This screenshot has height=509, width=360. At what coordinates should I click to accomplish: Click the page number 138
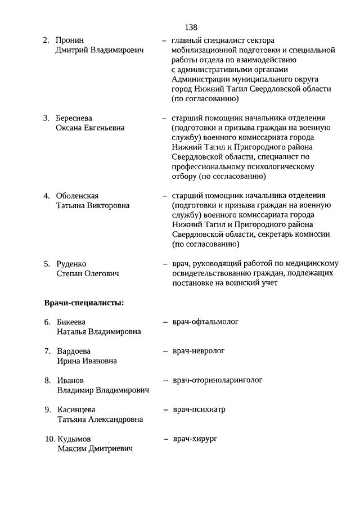[x=190, y=27]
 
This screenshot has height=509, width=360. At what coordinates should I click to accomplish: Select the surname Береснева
[x=74, y=118]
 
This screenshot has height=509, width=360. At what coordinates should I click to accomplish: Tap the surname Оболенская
[x=78, y=196]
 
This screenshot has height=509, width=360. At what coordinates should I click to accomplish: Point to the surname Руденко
[x=71, y=264]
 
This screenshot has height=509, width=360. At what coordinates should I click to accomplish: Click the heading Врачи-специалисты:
[x=84, y=303]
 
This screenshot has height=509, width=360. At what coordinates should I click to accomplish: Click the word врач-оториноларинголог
[x=218, y=380]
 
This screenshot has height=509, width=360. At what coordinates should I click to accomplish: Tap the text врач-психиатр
[x=199, y=409]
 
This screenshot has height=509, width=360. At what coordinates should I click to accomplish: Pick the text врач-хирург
[x=195, y=438]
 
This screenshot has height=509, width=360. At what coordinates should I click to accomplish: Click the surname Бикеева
[x=71, y=322]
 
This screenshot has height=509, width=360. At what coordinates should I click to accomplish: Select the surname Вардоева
[x=74, y=352]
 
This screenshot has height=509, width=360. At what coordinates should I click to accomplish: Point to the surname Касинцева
[x=76, y=410]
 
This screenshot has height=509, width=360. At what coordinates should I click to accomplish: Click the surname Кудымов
[x=74, y=439]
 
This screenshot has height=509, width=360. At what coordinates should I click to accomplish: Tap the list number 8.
[x=48, y=381]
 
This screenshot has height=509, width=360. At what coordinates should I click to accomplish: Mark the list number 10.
[x=49, y=439]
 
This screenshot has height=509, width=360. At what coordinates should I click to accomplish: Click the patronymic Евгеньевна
[x=102, y=128]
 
